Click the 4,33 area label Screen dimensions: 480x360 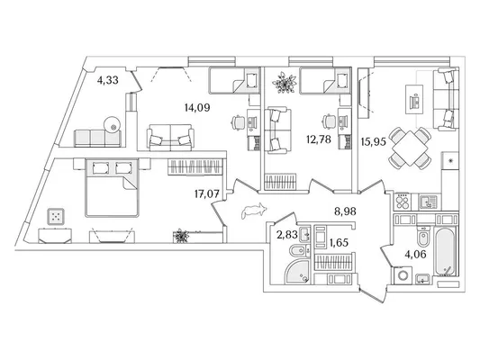[108, 80]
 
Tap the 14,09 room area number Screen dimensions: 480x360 [197, 107]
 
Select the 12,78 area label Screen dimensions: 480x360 [319, 139]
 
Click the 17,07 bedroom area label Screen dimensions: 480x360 [207, 193]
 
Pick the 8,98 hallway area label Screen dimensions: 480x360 [345, 211]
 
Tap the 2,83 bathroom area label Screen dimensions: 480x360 [287, 235]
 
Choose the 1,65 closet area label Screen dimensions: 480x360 [339, 242]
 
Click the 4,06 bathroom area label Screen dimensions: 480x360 [415, 254]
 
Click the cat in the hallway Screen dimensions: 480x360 [253, 211]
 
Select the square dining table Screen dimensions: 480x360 [410, 148]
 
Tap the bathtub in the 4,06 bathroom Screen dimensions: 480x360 [447, 252]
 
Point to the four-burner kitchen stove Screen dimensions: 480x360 [403, 202]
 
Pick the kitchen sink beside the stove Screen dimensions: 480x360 [429, 202]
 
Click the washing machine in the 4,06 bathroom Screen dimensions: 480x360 [403, 275]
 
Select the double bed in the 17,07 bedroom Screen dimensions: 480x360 [112, 187]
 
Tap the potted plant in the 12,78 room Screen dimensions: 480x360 [285, 82]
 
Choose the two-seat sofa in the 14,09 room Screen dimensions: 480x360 [170, 138]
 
